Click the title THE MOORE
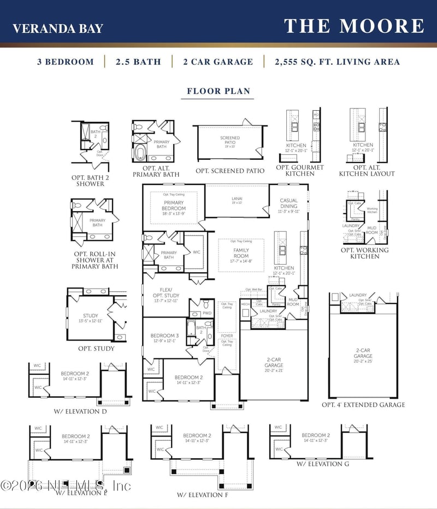point(354,26)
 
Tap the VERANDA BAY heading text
point(58,28)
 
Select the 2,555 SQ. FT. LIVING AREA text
point(337,62)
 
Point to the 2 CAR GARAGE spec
point(218,62)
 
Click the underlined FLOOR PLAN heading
point(218,91)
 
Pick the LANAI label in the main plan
point(236,200)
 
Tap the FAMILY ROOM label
point(241,253)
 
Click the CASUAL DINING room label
point(289,203)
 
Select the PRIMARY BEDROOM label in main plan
point(174,205)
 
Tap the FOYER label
point(226,336)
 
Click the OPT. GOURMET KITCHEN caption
point(300,170)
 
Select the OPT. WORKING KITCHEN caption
point(364,253)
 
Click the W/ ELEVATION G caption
point(323,464)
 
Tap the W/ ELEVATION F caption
point(202,495)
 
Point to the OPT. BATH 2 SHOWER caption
point(87,181)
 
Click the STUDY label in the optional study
point(91,315)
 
